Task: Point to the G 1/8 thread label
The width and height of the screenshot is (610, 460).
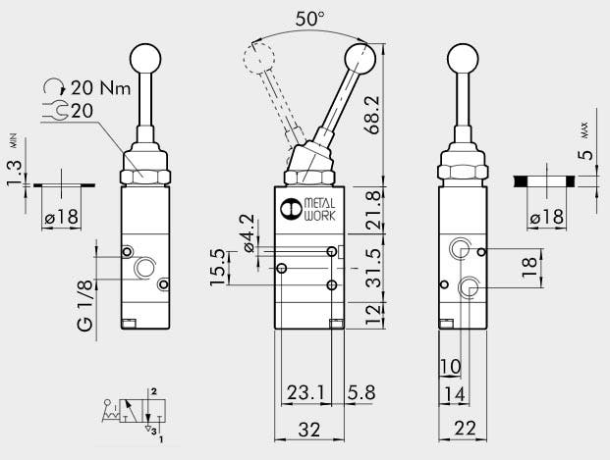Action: tap(85, 305)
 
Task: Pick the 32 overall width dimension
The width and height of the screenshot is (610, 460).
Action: tap(308, 428)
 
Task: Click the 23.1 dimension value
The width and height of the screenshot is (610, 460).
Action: tap(305, 392)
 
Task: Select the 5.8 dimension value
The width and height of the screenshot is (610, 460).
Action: tap(360, 392)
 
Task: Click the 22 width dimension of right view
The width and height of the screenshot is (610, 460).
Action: tap(465, 428)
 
